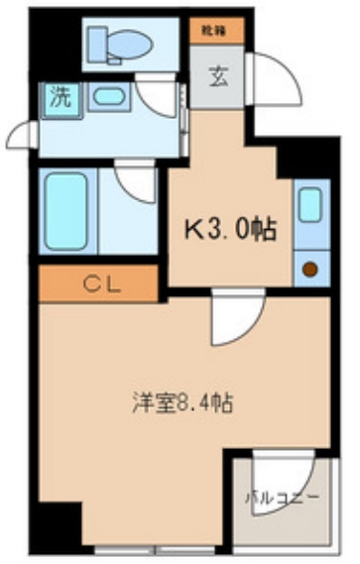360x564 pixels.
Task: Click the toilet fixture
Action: coord(120,44)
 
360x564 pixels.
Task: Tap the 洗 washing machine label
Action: coord(61,97)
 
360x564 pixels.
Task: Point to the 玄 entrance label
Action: coord(218,76)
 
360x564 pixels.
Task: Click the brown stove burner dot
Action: coord(310,267)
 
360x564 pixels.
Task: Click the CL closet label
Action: coord(100,285)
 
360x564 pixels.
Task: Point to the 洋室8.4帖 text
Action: coord(183,404)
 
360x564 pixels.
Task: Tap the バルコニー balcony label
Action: coord(283,497)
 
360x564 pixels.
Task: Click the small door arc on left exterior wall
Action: coord(22,134)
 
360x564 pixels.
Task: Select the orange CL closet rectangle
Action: coord(100,285)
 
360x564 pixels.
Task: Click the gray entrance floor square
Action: coord(218,76)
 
